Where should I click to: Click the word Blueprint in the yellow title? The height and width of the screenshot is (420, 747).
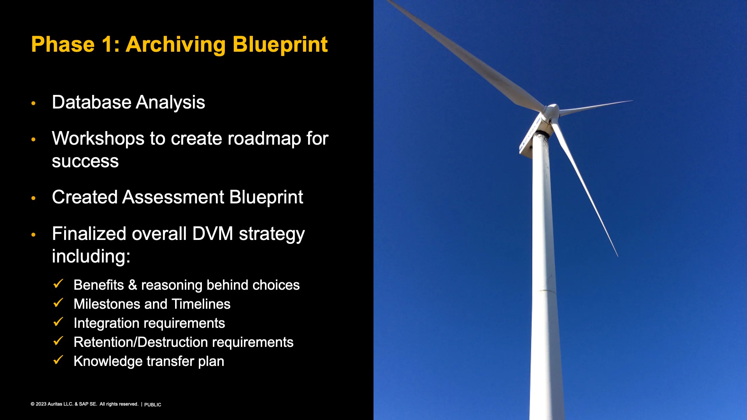tap(280, 45)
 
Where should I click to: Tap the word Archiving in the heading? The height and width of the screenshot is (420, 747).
tap(176, 45)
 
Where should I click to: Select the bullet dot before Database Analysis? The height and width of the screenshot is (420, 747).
tap(33, 103)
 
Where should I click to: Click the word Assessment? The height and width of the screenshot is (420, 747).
tap(173, 197)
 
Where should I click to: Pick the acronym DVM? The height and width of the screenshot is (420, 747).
tap(212, 234)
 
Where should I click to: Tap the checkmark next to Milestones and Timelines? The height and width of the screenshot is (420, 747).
tap(58, 303)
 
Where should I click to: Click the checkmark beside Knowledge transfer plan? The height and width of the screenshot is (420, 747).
tap(58, 360)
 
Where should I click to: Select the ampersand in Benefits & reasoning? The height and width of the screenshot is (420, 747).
tap(133, 285)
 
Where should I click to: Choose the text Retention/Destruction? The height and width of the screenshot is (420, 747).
tap(141, 342)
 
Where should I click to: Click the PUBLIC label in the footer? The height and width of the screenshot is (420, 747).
tap(153, 405)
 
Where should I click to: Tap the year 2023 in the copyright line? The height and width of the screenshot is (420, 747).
tap(41, 404)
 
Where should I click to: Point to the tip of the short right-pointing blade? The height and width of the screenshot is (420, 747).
tap(633, 101)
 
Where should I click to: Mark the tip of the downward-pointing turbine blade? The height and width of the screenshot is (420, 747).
tap(617, 256)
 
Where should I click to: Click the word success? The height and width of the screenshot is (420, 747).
tap(85, 161)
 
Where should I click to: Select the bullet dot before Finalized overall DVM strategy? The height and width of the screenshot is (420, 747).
tap(33, 234)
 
